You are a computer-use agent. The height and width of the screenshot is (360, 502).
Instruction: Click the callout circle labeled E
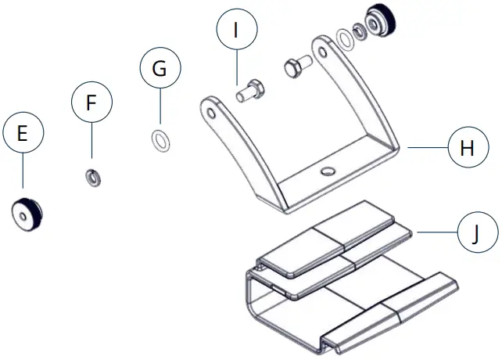coord(22,134)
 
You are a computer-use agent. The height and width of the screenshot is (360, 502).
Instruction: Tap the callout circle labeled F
coord(91,103)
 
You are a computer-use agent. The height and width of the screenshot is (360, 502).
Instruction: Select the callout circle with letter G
coord(160,68)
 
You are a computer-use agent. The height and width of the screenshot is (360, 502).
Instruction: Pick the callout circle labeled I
coord(236,32)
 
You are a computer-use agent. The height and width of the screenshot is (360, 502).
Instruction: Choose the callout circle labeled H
coord(467,148)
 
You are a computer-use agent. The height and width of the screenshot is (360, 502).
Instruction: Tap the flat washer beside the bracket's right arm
coord(344,37)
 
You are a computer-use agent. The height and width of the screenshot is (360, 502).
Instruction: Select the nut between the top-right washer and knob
coord(360,31)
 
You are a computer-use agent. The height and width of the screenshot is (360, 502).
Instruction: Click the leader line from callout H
coord(425,147)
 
